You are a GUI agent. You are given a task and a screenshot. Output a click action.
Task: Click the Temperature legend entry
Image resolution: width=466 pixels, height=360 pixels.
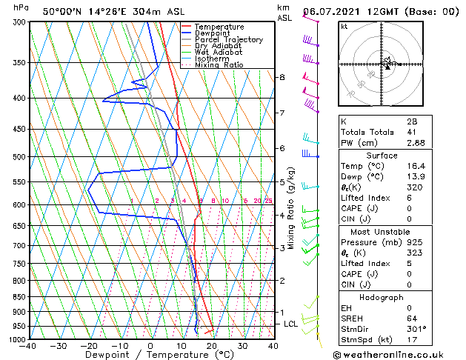point(219,27)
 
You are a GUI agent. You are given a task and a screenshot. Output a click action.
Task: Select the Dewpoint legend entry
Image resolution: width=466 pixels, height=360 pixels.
point(214,33)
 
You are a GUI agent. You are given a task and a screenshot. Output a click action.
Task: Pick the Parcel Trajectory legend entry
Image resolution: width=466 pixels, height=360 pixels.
point(229,40)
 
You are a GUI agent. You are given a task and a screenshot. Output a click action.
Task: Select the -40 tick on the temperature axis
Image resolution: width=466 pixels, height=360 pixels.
point(28,346)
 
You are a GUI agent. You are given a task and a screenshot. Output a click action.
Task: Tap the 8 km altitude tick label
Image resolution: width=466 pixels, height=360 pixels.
point(282,77)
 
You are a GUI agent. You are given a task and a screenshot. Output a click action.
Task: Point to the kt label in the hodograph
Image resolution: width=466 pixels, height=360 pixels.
point(344,26)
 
